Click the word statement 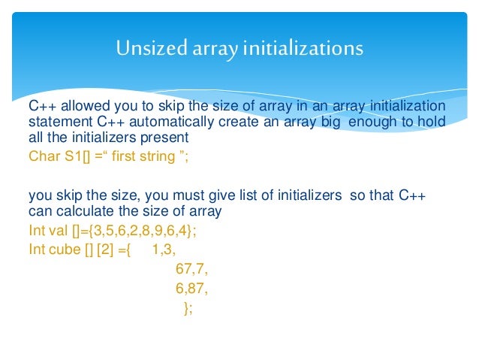pos(56,122)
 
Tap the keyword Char pos(42,156)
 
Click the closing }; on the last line pos(188,308)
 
